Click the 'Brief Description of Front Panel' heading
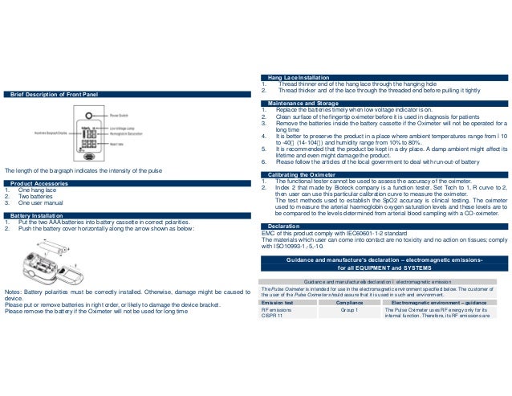pos(54,95)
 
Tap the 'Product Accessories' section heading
pos(39,183)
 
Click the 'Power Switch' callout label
pos(119,116)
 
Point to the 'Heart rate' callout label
pos(116,144)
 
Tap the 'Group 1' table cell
pos(348,309)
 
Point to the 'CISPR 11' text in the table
pos(274,316)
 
